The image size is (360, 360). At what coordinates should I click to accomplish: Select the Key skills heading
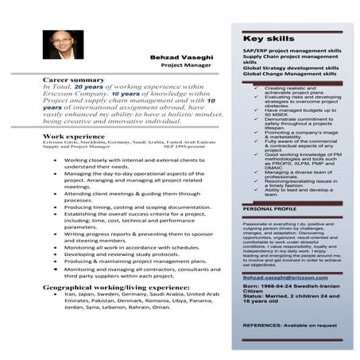coord(264,38)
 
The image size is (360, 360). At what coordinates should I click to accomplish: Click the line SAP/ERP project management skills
coord(292,51)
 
